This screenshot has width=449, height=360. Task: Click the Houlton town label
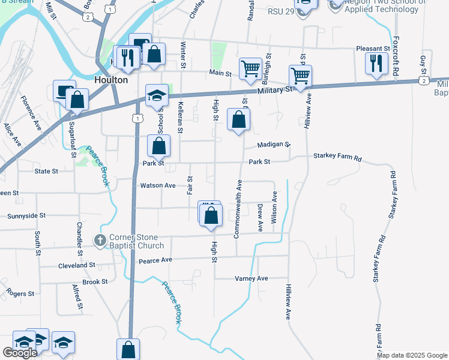pyautogui.click(x=111, y=80)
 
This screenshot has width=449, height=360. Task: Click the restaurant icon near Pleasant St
pyautogui.click(x=376, y=64)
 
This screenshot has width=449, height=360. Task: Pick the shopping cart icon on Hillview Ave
pyautogui.click(x=300, y=76)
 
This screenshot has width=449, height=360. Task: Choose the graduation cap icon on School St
pyautogui.click(x=157, y=96)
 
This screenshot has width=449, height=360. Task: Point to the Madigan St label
pyautogui.click(x=274, y=145)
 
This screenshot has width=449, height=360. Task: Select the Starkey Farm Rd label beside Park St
pyautogui.click(x=337, y=158)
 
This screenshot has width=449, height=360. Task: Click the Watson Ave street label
pyautogui.click(x=158, y=185)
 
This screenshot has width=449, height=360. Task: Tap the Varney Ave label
pyautogui.click(x=251, y=278)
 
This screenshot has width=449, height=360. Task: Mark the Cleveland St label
pyautogui.click(x=76, y=265)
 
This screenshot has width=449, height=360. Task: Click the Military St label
pyautogui.click(x=275, y=89)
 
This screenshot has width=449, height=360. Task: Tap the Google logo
pyautogui.click(x=20, y=352)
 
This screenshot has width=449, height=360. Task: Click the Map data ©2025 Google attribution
pyautogui.click(x=412, y=355)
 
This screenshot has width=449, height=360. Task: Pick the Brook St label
pyautogui.click(x=95, y=281)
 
